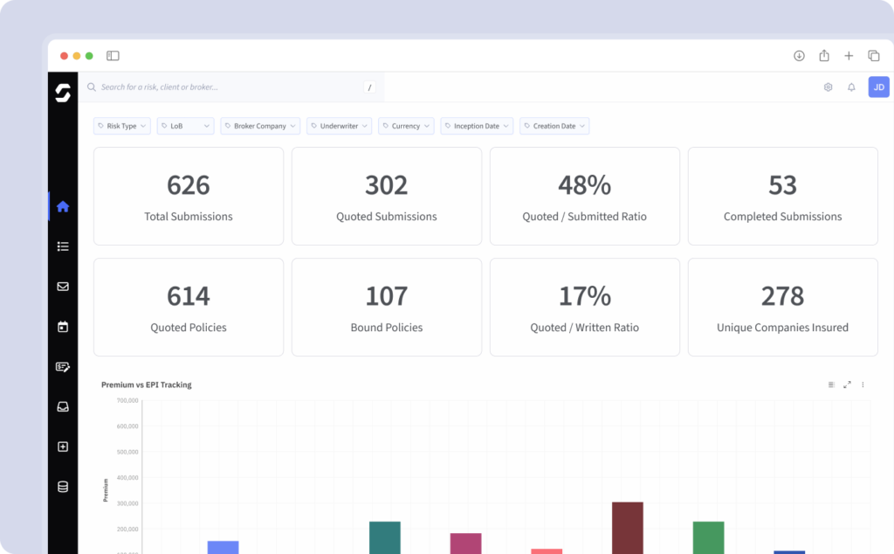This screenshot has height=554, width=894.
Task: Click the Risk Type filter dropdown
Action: click(x=121, y=126)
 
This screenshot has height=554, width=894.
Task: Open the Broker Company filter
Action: click(x=259, y=126)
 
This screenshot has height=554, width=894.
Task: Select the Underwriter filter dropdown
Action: click(x=339, y=126)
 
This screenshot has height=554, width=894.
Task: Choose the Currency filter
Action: click(x=406, y=126)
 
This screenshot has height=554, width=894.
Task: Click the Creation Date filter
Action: click(x=554, y=126)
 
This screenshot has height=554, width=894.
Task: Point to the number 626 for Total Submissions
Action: click(x=189, y=185)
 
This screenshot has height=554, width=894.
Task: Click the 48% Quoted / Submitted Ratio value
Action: click(x=584, y=185)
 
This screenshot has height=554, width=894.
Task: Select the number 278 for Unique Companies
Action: click(x=782, y=296)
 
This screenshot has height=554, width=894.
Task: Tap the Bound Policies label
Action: click(x=386, y=328)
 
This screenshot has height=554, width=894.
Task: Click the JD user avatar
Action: click(x=878, y=87)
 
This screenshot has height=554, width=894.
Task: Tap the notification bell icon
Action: click(x=851, y=87)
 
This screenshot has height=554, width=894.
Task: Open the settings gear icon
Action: click(x=828, y=87)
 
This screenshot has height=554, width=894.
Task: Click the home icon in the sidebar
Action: click(x=63, y=207)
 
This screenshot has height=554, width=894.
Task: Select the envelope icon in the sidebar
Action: click(x=63, y=287)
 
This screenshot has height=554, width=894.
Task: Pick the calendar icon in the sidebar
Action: click(x=63, y=327)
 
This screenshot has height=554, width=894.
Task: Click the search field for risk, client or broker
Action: click(x=227, y=87)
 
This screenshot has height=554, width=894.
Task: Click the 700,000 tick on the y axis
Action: click(x=127, y=400)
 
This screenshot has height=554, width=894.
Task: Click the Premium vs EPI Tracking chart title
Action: click(x=146, y=384)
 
